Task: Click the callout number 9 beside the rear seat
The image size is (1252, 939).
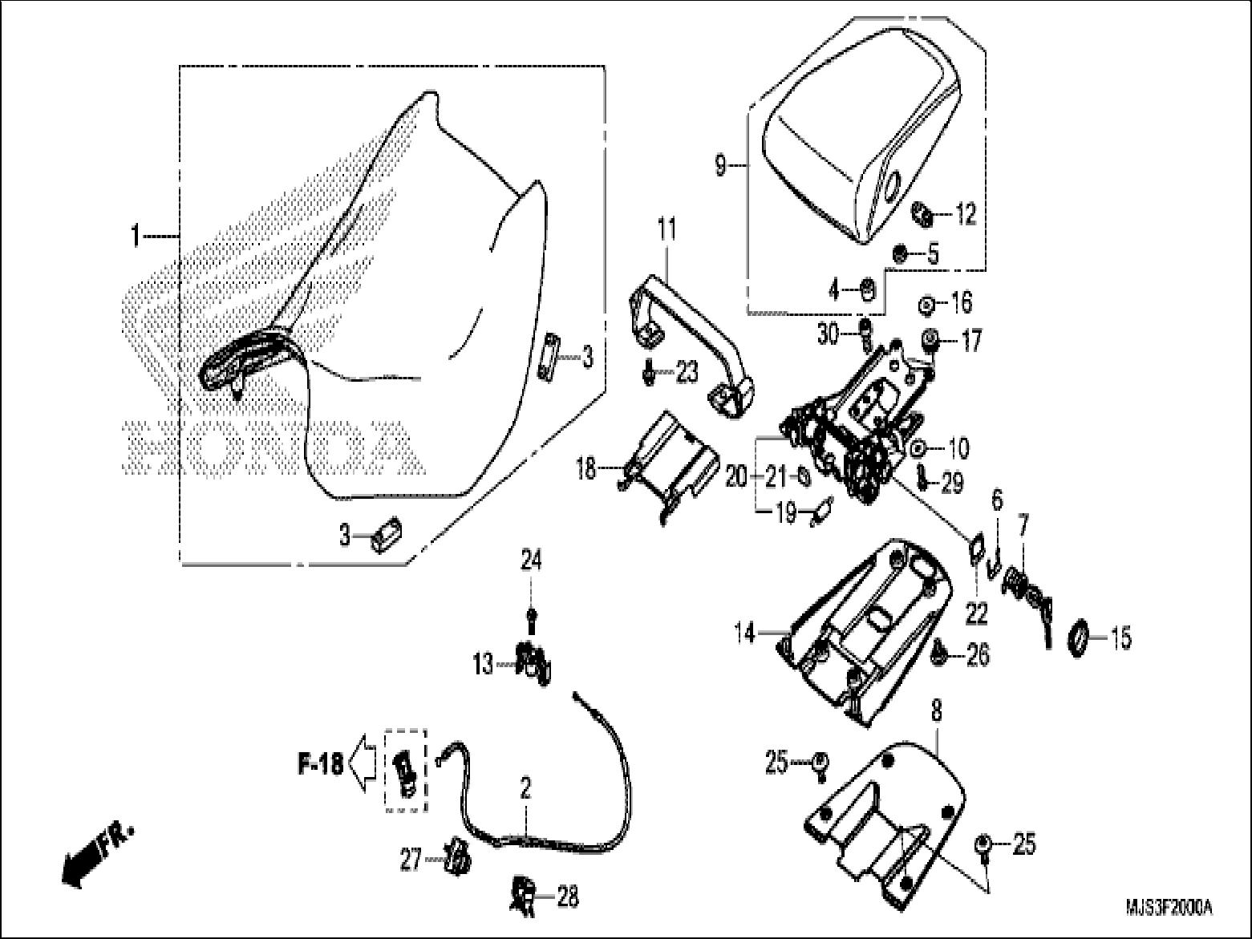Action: click(719, 166)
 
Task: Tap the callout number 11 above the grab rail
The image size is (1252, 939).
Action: click(667, 230)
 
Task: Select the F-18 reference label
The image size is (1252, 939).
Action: click(321, 764)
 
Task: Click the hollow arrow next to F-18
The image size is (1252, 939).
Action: click(365, 765)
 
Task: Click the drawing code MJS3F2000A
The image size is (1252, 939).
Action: click(1169, 908)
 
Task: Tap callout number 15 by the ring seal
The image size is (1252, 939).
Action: click(1120, 638)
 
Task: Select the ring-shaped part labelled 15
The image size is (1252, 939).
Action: click(1080, 637)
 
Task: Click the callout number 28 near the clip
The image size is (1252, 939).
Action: click(568, 897)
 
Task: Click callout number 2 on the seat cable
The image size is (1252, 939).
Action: click(525, 788)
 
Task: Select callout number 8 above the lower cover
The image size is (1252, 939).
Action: click(936, 710)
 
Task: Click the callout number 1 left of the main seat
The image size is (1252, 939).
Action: click(136, 236)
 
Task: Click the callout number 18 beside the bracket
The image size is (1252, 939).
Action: click(586, 468)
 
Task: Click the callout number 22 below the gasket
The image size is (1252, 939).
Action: click(976, 613)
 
